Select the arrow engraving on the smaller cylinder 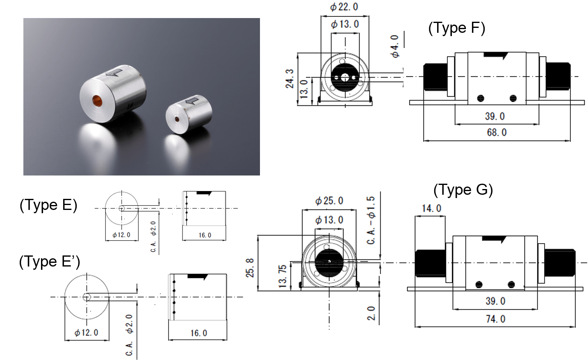(x=191, y=100)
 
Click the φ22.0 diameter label (x=344, y=7)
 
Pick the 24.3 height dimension (x=289, y=78)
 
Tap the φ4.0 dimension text (x=394, y=46)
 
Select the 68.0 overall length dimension (x=496, y=132)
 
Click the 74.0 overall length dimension (x=495, y=319)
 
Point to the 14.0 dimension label (x=431, y=208)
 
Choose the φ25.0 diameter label (x=329, y=201)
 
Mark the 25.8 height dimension (x=250, y=267)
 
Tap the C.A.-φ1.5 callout (x=371, y=220)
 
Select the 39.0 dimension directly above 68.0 (x=495, y=116)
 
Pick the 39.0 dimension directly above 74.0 (x=495, y=301)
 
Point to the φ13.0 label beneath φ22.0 (x=345, y=24)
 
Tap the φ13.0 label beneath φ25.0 (x=329, y=220)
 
